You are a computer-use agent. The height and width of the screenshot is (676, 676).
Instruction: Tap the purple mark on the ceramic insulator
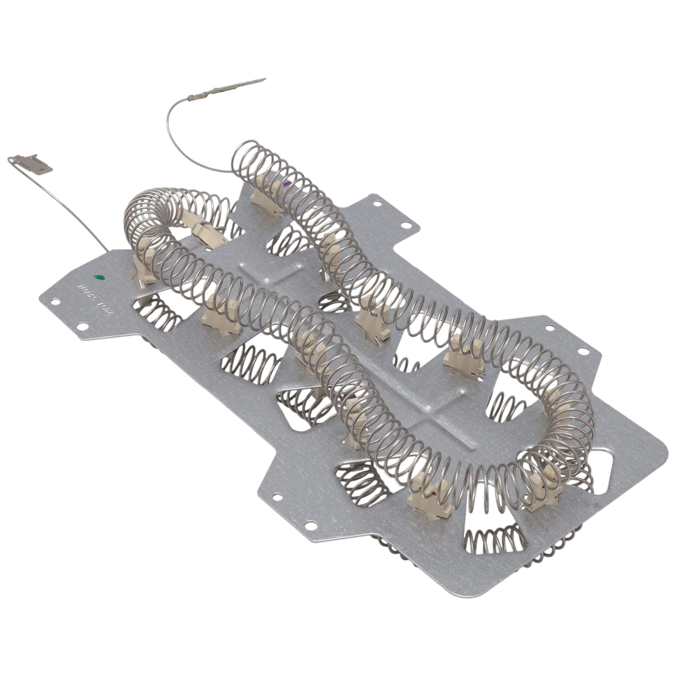tap(288, 183)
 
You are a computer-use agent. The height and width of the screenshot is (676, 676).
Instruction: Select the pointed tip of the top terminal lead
tap(265, 79)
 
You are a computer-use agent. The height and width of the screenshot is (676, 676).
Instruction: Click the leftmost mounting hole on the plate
tap(54, 300)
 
